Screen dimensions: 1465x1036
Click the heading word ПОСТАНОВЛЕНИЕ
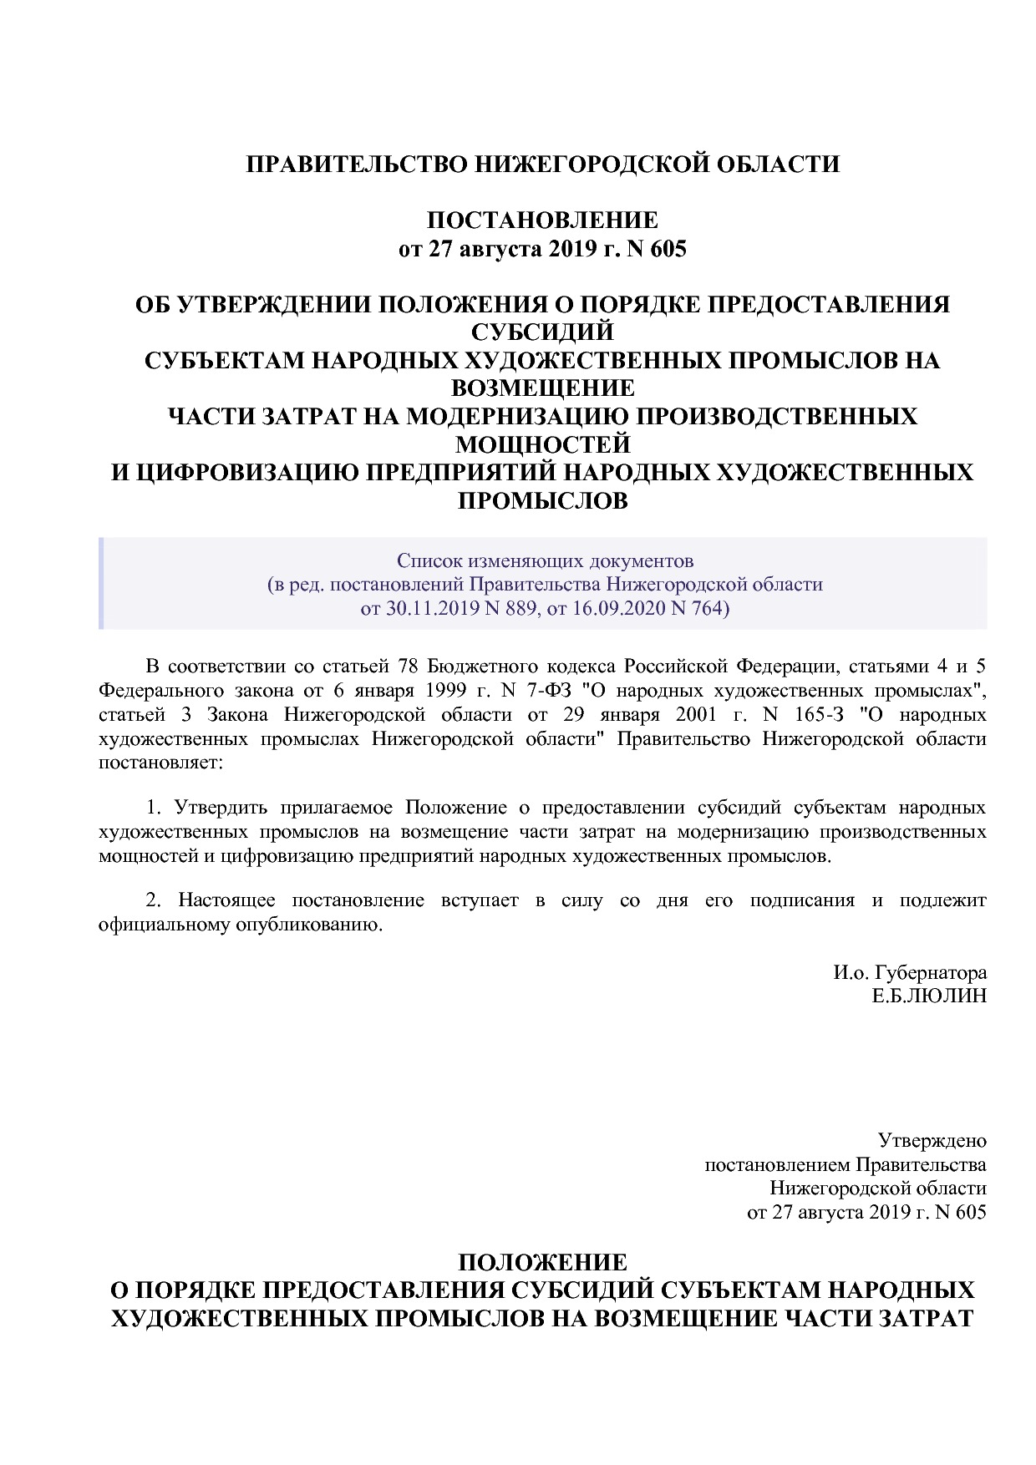point(542,221)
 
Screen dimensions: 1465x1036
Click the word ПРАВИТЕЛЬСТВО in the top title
point(357,164)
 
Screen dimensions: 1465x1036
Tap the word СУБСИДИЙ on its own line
point(542,332)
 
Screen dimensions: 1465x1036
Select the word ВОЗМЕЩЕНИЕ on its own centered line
point(542,388)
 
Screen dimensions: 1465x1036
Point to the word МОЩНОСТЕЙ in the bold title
point(542,444)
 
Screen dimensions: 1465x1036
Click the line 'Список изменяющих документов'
point(545,560)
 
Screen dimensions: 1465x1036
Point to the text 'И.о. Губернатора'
point(909,972)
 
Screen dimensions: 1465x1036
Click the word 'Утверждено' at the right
point(932,1141)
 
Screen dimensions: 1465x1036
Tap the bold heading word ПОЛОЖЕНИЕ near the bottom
point(542,1262)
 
